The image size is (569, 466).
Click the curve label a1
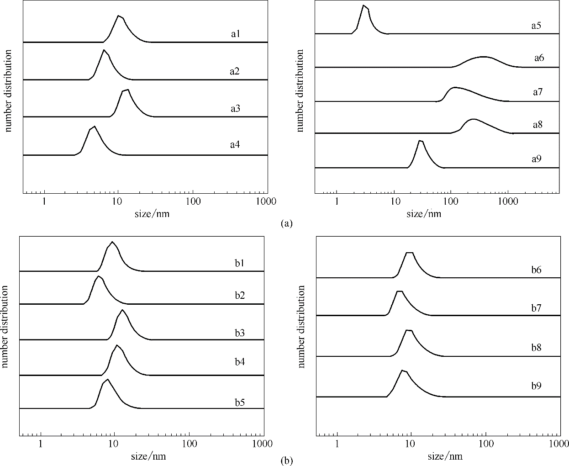(235, 34)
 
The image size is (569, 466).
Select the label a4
(235, 145)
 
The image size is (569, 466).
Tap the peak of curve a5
(364, 5)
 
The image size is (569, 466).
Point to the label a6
(539, 58)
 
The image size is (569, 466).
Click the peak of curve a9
(420, 141)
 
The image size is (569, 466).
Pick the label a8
(537, 124)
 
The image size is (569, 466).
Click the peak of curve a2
(104, 50)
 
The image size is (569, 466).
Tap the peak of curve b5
(108, 379)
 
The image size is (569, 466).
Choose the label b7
(536, 308)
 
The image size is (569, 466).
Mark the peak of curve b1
(112, 242)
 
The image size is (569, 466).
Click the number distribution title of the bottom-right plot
(301, 327)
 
